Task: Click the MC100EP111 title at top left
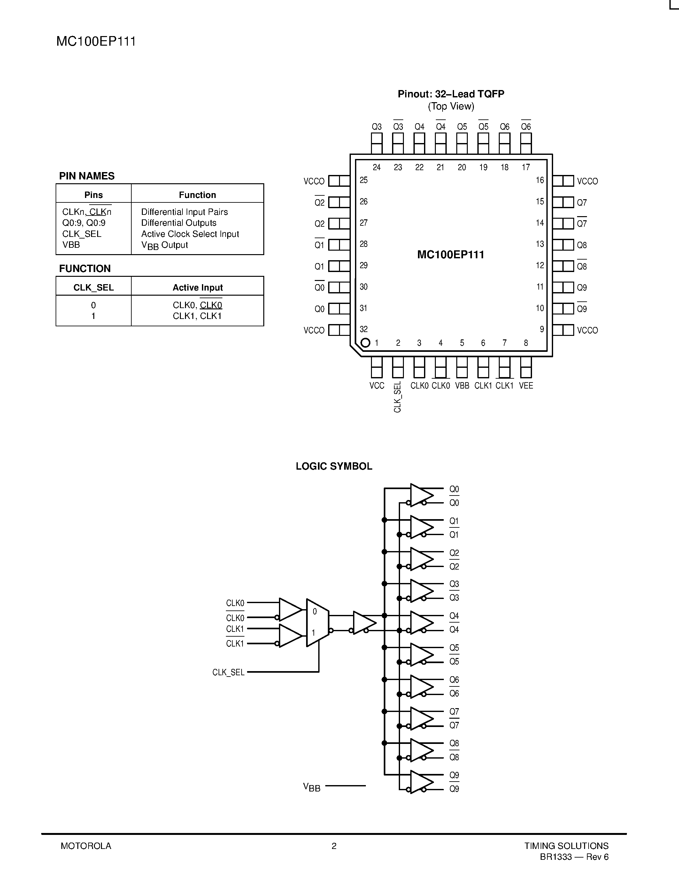tap(96, 42)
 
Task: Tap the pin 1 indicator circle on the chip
tap(365, 343)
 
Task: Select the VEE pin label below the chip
tap(526, 386)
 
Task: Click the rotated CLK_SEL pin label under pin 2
tap(397, 397)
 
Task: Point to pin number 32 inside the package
tap(364, 329)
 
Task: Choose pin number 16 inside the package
tap(540, 180)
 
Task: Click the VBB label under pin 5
tap(462, 386)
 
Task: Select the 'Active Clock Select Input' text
tap(190, 234)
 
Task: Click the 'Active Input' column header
tap(197, 287)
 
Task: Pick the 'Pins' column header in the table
tap(93, 195)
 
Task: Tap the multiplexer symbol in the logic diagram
tap(317, 623)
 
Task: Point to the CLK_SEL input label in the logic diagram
tap(228, 672)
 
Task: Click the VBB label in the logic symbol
tap(312, 787)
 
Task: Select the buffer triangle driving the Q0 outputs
tap(421, 495)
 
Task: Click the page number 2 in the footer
tap(334, 846)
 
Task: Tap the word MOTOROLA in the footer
tap(86, 846)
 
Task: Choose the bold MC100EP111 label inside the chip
tap(451, 254)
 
